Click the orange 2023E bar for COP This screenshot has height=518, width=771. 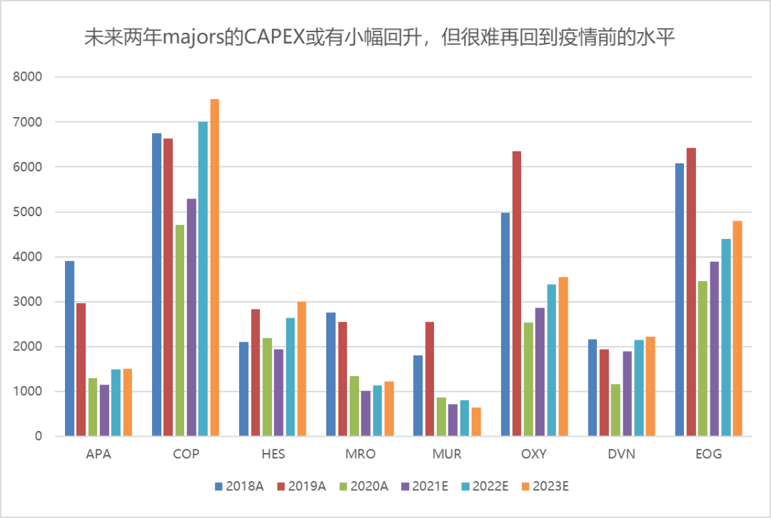click(214, 268)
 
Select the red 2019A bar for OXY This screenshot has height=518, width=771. click(517, 293)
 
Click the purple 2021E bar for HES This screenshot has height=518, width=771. click(278, 392)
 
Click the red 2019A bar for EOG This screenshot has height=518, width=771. click(691, 292)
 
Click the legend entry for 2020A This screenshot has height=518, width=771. click(365, 486)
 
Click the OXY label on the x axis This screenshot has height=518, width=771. click(534, 454)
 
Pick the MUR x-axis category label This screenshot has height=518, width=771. click(447, 454)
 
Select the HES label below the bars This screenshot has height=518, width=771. click(273, 454)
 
